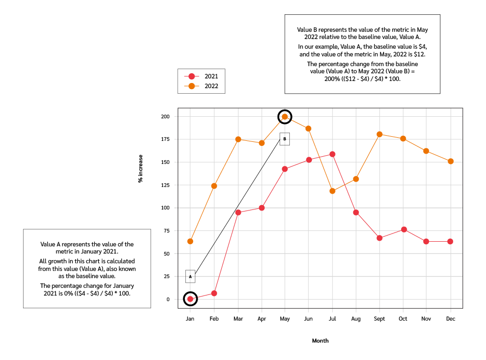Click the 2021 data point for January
[x=190, y=299]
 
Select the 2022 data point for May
[x=285, y=117]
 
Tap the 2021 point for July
[x=332, y=154]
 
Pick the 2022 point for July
[x=332, y=191]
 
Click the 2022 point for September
[x=379, y=134]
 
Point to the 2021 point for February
[x=214, y=293]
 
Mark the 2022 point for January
[x=190, y=241]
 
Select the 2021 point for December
[x=450, y=241]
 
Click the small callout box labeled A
[x=190, y=277]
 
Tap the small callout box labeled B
[x=285, y=139]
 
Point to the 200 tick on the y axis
[x=165, y=117]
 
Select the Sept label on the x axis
[x=379, y=319]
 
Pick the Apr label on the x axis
[x=261, y=319]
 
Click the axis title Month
[x=320, y=341]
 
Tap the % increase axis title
[x=140, y=168]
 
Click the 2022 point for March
[x=238, y=139]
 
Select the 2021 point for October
[x=403, y=229]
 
